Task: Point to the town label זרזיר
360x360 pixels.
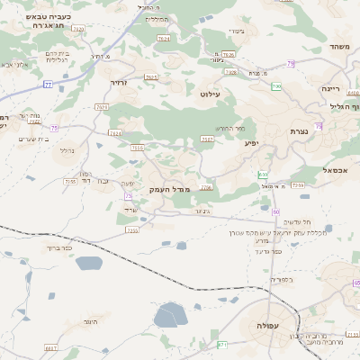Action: click(x=119, y=82)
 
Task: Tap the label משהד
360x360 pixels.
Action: click(x=339, y=47)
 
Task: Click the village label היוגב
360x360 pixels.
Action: click(x=87, y=321)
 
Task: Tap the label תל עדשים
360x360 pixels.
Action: click(x=296, y=221)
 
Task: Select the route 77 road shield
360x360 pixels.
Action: click(x=48, y=85)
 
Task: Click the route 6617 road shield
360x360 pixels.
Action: click(x=50, y=346)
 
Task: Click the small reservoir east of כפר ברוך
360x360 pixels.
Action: click(x=89, y=263)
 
